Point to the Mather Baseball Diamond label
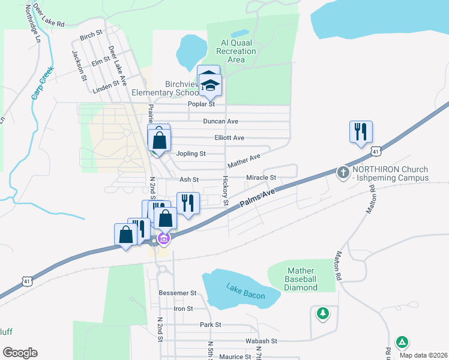pyautogui.click(x=301, y=280)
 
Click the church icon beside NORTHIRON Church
pyautogui.click(x=343, y=173)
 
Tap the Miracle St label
pyautogui.click(x=261, y=178)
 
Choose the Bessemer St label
pyautogui.click(x=177, y=293)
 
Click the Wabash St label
pyautogui.click(x=261, y=340)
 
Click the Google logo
pyautogui.click(x=20, y=353)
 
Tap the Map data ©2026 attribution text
pyautogui.click(x=423, y=355)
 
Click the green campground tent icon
pyautogui.click(x=402, y=343)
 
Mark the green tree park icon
pyautogui.click(x=323, y=313)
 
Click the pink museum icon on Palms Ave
pyautogui.click(x=163, y=239)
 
